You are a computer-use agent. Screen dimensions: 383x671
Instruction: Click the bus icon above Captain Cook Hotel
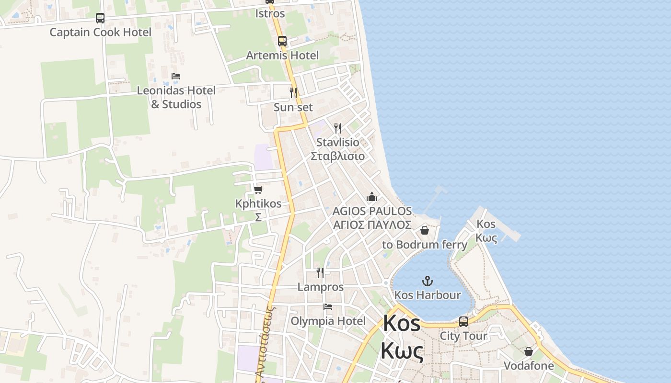click(100, 18)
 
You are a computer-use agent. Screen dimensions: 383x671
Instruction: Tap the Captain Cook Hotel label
click(100, 32)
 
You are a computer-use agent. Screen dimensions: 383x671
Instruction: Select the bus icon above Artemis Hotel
click(282, 41)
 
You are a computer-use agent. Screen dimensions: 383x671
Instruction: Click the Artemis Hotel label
click(282, 56)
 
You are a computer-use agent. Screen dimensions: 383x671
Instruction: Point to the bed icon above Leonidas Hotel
click(176, 76)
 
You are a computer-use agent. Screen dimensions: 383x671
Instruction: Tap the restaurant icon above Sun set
click(293, 92)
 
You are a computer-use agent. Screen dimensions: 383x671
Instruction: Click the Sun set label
click(293, 107)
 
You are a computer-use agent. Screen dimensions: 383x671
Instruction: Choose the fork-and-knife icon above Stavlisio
click(338, 128)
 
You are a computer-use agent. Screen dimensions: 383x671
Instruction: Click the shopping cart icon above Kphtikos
click(258, 190)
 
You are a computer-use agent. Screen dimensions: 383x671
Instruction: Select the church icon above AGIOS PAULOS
click(372, 196)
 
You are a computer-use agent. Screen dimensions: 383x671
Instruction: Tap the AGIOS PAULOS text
click(372, 211)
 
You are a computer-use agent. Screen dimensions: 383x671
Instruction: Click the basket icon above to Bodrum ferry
click(425, 230)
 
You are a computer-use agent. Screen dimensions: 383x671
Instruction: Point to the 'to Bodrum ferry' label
click(425, 245)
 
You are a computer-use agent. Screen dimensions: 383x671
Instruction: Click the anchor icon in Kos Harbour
click(427, 281)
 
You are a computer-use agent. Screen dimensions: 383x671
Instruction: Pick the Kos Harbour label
click(427, 295)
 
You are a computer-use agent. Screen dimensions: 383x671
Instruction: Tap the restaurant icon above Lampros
click(320, 273)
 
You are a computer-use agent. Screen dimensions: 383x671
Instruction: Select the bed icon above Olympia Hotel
click(328, 307)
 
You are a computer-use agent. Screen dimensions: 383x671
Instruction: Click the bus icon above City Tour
click(463, 322)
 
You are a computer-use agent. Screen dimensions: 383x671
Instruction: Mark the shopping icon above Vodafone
click(529, 352)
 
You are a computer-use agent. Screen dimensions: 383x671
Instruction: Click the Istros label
click(270, 13)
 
